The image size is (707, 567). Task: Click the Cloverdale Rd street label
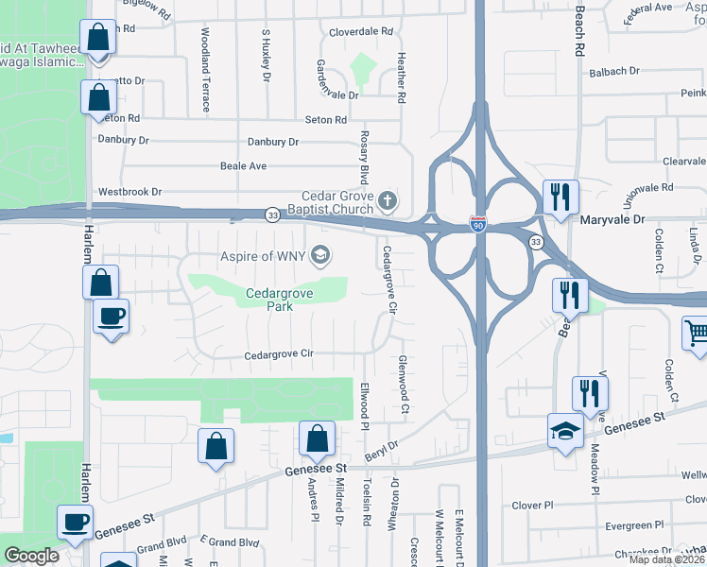tap(360, 31)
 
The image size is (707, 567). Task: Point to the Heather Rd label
tap(401, 78)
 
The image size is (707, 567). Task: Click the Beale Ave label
tap(243, 165)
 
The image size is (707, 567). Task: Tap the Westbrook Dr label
tap(129, 191)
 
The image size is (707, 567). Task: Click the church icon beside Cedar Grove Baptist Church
tap(388, 200)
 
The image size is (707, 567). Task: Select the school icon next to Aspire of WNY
tap(320, 255)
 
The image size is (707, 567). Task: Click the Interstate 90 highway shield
tap(479, 224)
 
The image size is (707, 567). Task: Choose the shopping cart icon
tap(696, 332)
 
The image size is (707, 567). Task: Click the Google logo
tap(31, 556)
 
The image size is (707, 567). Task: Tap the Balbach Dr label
tap(614, 71)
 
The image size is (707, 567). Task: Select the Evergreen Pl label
tap(629, 524)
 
